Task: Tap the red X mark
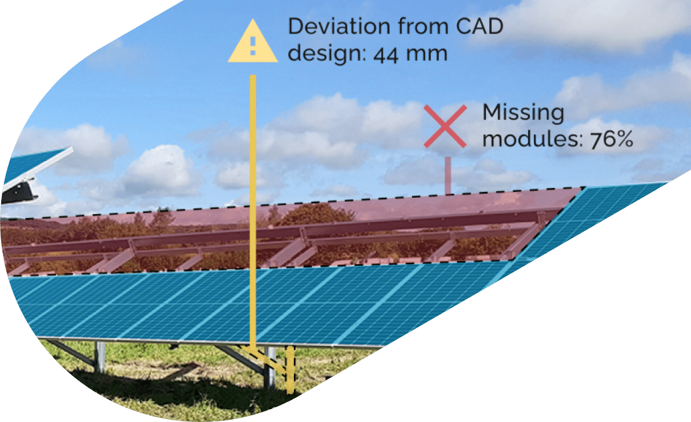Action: pos(445,126)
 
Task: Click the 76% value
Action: pos(611,141)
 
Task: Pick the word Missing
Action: pos(523,113)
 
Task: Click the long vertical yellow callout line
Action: pos(253,203)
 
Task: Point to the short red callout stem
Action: pos(447,174)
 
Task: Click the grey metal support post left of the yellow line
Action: pos(100,356)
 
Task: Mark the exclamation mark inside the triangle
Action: pos(253,46)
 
